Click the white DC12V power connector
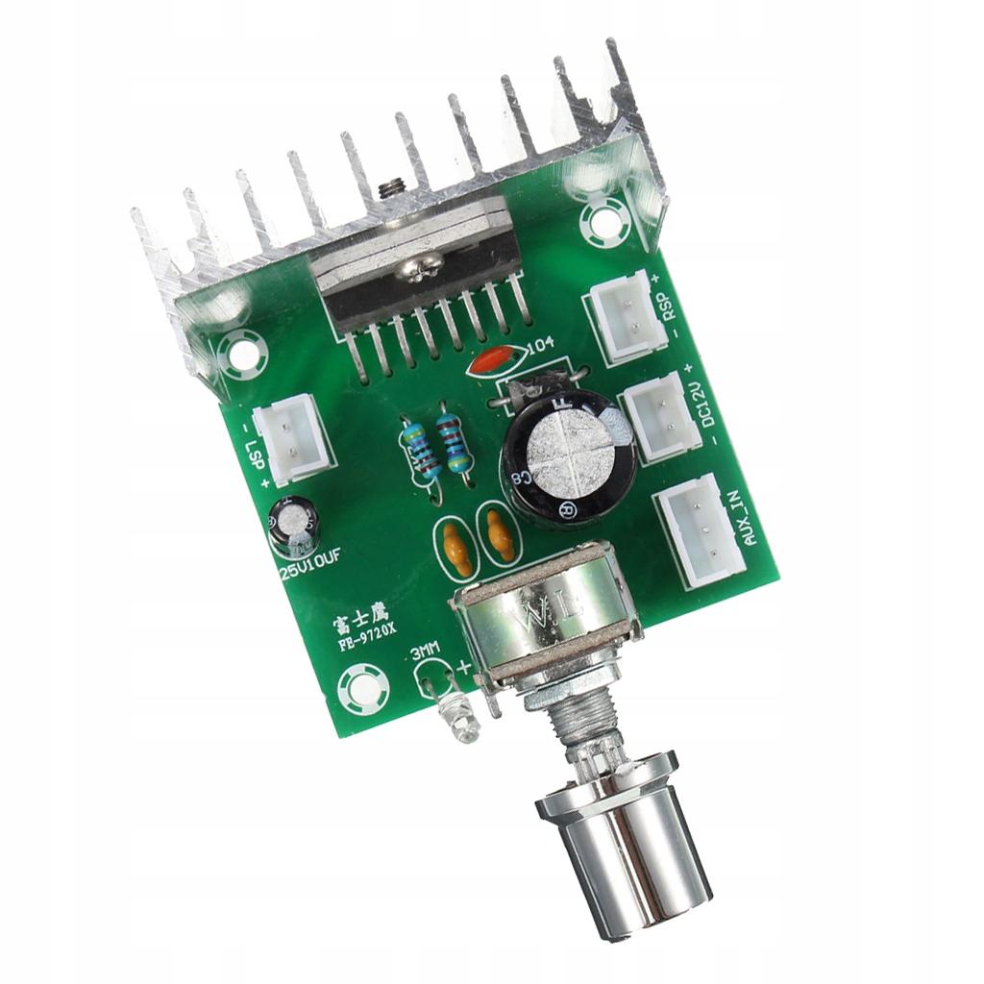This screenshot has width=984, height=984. (661, 414)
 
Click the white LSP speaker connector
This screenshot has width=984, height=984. (294, 439)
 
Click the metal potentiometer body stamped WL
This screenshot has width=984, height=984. (543, 625)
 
